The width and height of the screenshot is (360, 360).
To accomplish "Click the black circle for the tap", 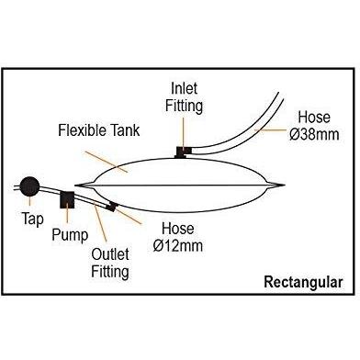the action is [29, 186].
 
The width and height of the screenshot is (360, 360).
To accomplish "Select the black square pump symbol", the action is [67, 199].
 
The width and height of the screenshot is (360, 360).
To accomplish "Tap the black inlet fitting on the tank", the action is [183, 152].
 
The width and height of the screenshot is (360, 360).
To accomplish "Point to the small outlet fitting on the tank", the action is [112, 207].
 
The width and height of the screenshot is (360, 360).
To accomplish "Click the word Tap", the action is [32, 219].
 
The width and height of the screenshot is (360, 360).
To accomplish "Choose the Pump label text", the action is [70, 235].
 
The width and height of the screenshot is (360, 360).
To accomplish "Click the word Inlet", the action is [184, 88].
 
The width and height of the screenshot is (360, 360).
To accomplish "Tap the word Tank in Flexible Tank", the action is [125, 129].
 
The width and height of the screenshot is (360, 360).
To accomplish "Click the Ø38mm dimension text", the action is [314, 135].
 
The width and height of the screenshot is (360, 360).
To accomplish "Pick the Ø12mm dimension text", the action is [178, 246].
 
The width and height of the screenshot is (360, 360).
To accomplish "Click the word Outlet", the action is [110, 254].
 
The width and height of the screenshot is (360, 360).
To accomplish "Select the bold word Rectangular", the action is [303, 282].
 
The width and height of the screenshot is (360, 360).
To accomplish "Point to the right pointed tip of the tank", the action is [285, 185].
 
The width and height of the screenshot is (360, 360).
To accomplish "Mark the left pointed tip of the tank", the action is [75, 185].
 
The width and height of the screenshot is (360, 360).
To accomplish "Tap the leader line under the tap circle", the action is [29, 201].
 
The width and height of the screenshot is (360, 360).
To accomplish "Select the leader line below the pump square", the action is [67, 216].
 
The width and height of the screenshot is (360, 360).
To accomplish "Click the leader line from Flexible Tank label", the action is [106, 162].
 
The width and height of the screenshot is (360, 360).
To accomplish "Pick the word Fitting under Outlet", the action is [110, 272].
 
